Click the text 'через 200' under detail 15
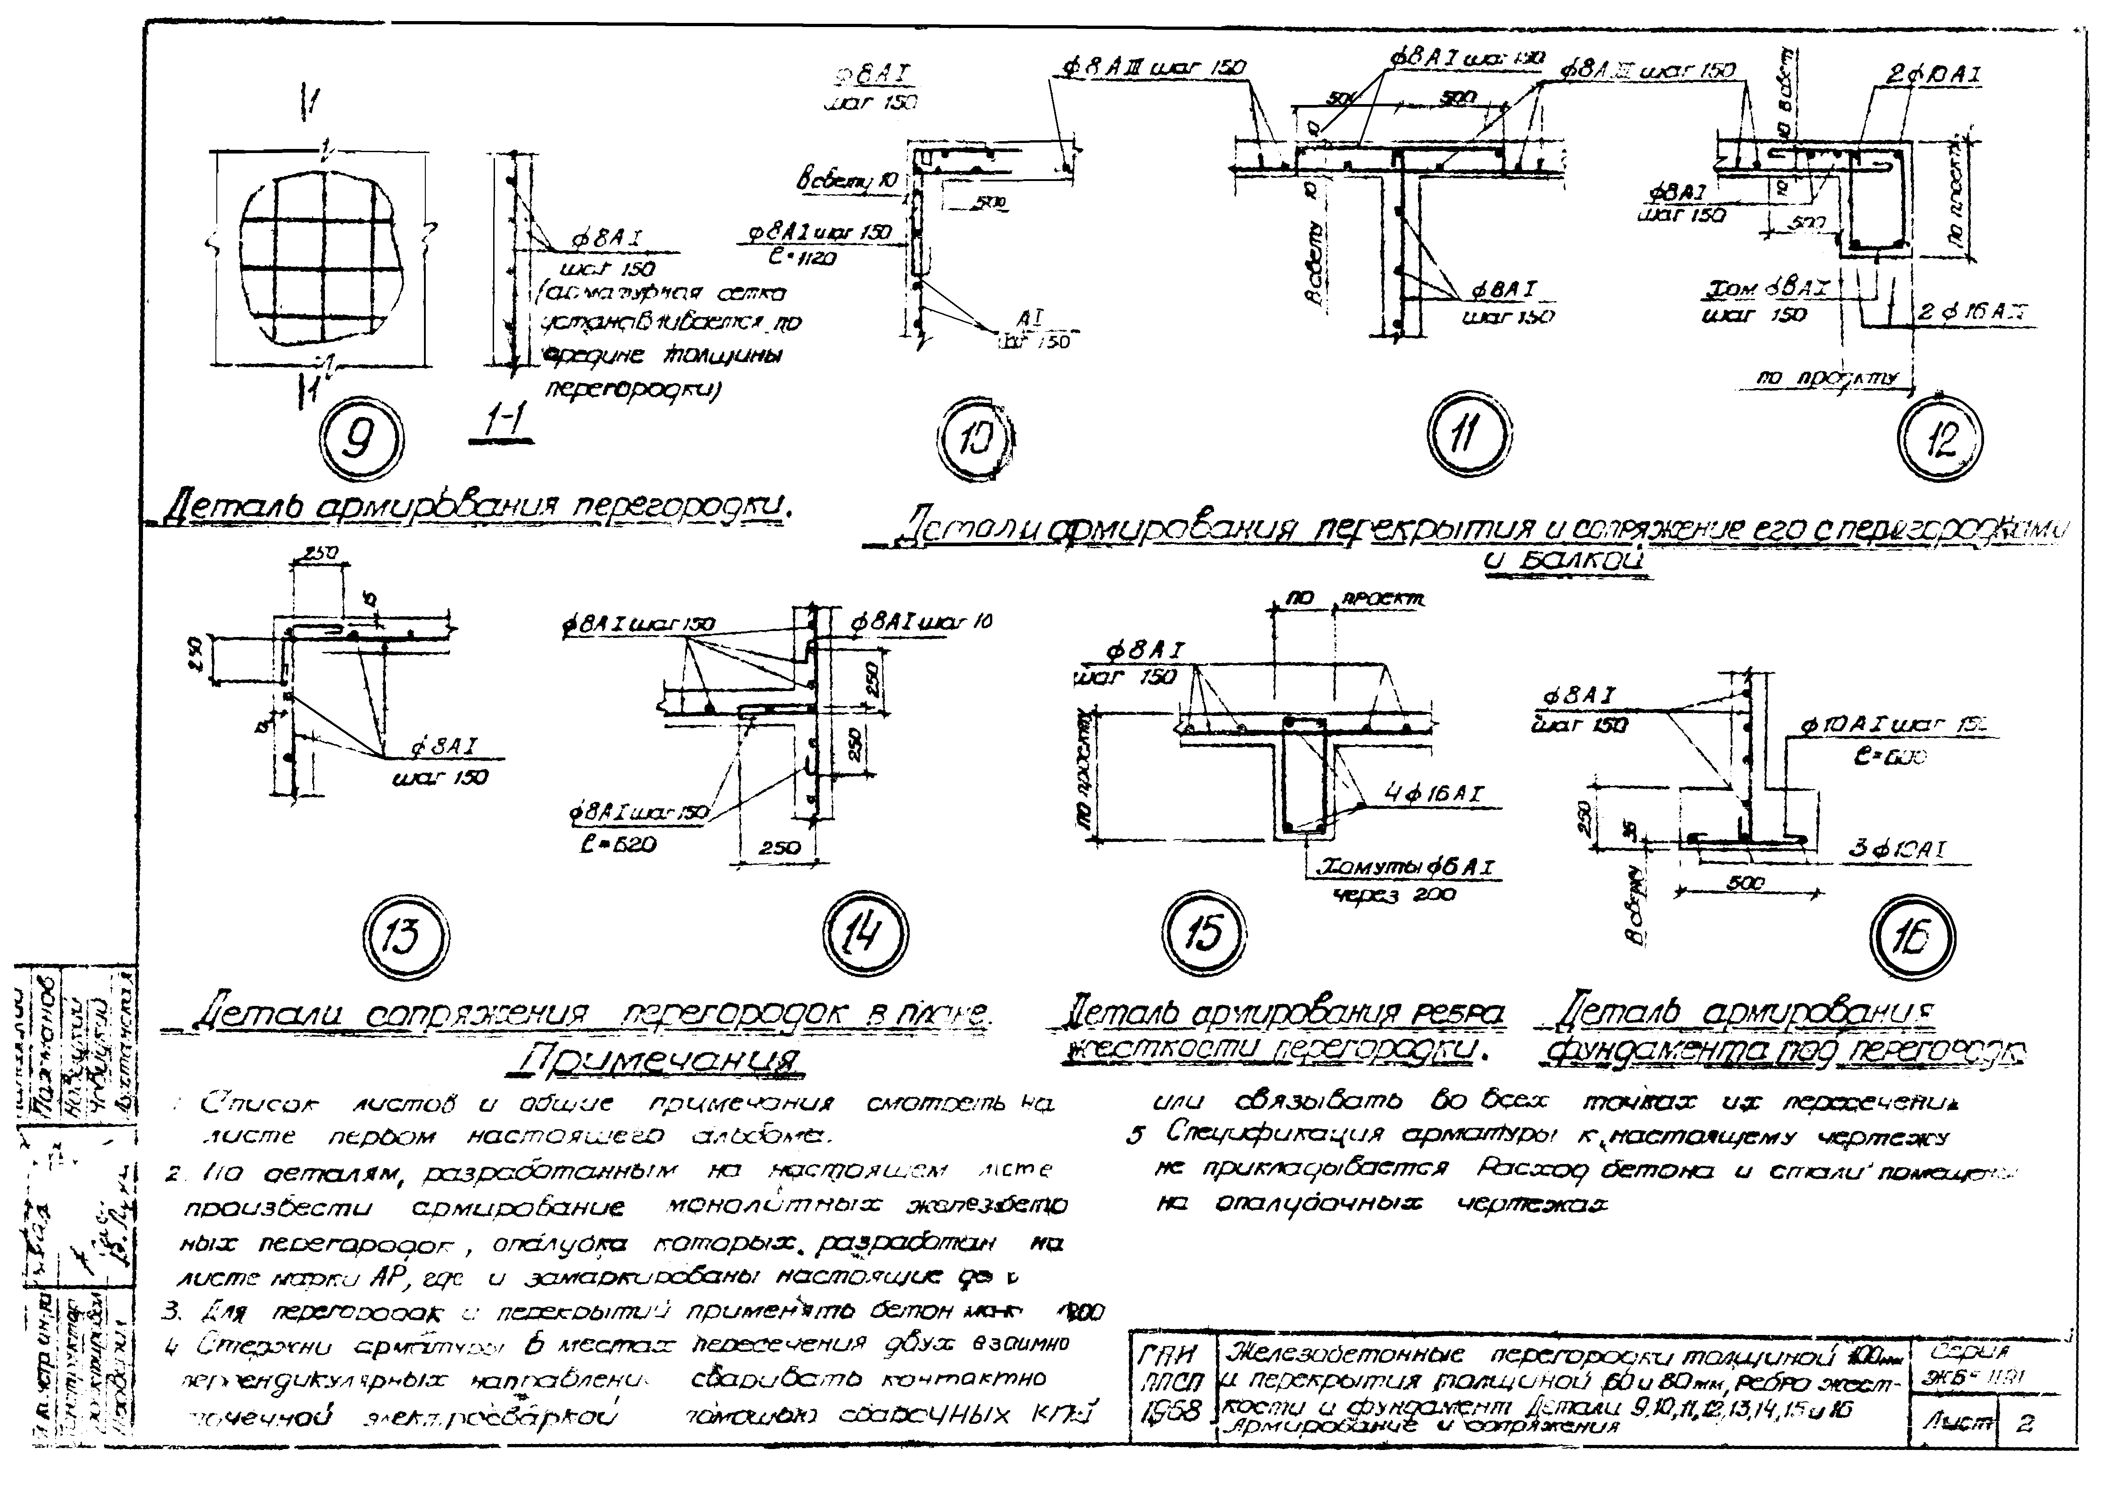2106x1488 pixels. tap(1395, 895)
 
